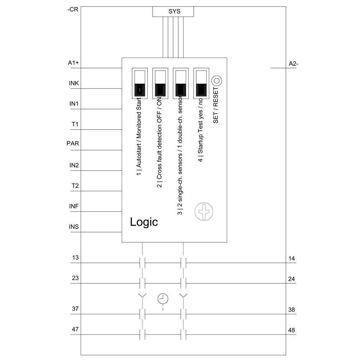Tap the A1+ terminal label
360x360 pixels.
(74, 63)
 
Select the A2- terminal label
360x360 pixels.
(294, 64)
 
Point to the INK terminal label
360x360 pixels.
(74, 84)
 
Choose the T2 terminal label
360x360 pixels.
(75, 186)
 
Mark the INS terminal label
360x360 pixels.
(74, 227)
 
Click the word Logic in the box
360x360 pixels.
(144, 222)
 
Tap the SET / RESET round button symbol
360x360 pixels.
(217, 80)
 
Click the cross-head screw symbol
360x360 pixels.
(204, 211)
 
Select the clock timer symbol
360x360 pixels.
(163, 298)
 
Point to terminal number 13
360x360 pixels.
(75, 258)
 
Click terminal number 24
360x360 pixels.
(292, 279)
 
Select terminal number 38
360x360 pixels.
(292, 310)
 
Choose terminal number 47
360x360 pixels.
(75, 329)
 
